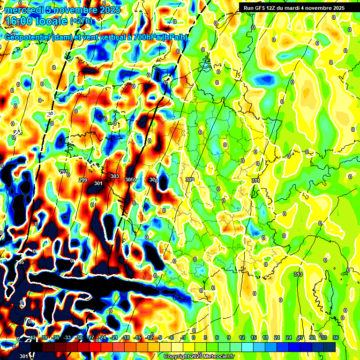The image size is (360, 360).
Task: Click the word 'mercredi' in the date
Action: click(x=24, y=10)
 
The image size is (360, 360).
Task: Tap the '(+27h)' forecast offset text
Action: click(x=81, y=21)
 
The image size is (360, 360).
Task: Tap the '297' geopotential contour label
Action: click(x=63, y=172)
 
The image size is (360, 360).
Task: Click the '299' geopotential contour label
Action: click(x=83, y=180)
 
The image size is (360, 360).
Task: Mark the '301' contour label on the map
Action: click(x=98, y=183)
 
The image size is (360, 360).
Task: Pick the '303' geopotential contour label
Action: click(x=114, y=176)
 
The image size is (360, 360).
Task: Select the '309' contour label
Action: click(x=189, y=180)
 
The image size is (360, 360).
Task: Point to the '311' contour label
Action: click(x=255, y=180)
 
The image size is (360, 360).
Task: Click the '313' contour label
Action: click(x=298, y=274)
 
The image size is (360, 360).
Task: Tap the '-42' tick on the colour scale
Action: click(x=32, y=337)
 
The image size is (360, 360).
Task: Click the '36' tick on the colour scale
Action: click(x=336, y=337)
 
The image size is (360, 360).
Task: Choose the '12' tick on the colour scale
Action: click(x=242, y=337)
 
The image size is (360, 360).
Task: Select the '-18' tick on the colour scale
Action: click(x=125, y=337)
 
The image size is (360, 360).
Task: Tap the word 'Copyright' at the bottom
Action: click(x=176, y=357)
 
